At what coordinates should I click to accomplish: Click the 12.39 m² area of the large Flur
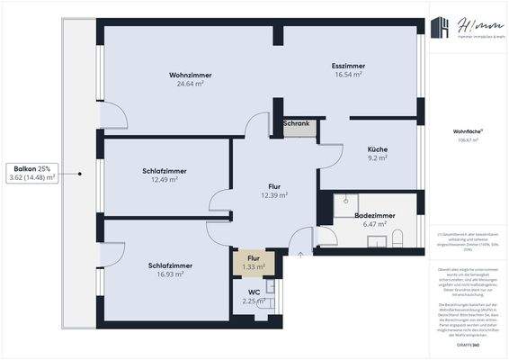point(274,195)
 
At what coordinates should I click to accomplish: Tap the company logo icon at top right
point(441,29)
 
